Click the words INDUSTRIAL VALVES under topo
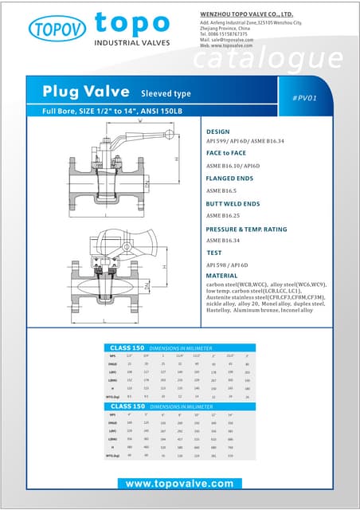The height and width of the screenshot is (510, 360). click(131, 41)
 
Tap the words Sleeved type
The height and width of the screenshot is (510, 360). click(166, 93)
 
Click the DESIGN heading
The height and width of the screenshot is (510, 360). click(217, 131)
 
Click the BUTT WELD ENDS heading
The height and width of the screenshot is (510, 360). click(233, 205)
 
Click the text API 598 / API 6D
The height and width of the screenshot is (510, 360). click(228, 264)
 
